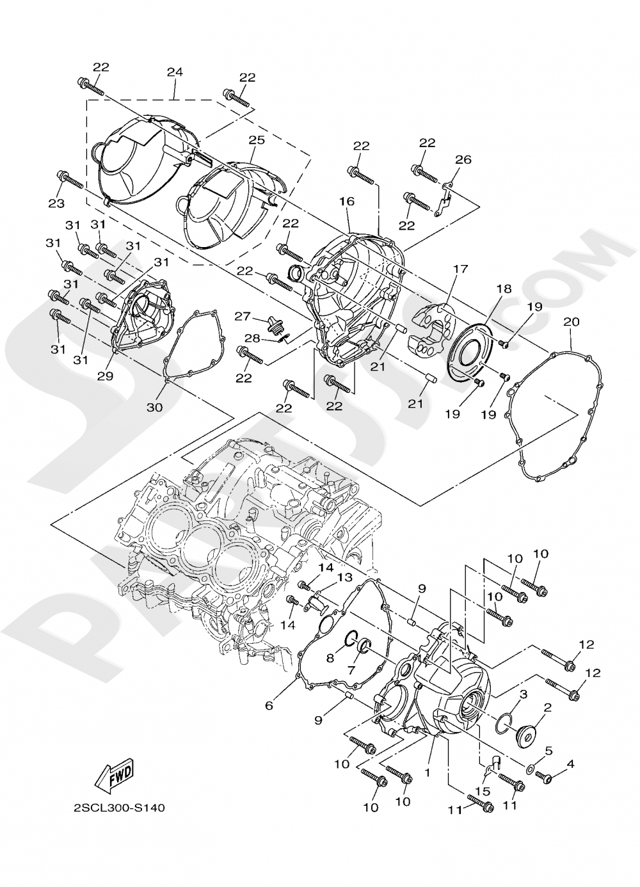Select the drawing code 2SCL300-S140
pyautogui.click(x=119, y=808)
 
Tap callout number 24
pyautogui.click(x=175, y=72)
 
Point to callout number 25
pyautogui.click(x=256, y=139)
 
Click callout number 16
pyautogui.click(x=346, y=201)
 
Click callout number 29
pyautogui.click(x=105, y=376)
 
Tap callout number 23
pyautogui.click(x=57, y=203)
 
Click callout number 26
pyautogui.click(x=463, y=159)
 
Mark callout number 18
pyautogui.click(x=504, y=289)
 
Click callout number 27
pyautogui.click(x=242, y=316)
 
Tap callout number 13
pyautogui.click(x=345, y=577)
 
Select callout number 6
pyautogui.click(x=269, y=705)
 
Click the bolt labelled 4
pyautogui.click(x=544, y=778)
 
